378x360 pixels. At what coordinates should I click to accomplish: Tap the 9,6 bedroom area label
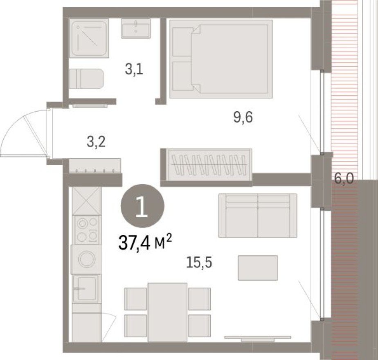[243, 117]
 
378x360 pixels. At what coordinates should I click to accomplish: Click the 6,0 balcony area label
[344, 179]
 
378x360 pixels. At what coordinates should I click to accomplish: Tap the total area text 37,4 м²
[144, 243]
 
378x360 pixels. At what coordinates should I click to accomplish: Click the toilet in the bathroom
[86, 78]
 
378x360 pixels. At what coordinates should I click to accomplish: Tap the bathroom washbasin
[135, 28]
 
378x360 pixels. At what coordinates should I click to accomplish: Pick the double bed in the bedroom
[221, 59]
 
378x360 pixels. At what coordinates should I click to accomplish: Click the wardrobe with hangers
[209, 164]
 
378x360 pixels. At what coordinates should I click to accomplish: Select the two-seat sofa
[257, 216]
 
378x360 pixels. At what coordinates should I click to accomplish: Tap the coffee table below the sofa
[258, 268]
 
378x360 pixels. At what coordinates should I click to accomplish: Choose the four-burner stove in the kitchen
[86, 229]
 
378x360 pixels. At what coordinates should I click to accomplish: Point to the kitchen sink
[86, 288]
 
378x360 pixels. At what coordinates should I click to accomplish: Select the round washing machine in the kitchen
[86, 259]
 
